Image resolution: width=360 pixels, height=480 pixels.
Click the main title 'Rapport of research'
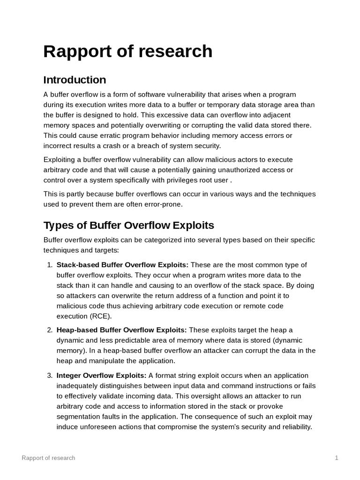pyautogui.click(x=127, y=51)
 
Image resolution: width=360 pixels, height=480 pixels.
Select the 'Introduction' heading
pyautogui.click(x=75, y=80)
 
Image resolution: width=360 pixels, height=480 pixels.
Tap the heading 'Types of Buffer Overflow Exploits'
pyautogui.click(x=128, y=225)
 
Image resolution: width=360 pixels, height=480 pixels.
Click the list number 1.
pyautogui.click(x=49, y=265)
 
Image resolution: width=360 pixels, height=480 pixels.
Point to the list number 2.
pyautogui.click(x=49, y=330)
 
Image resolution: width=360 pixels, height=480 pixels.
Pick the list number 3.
pyautogui.click(x=49, y=375)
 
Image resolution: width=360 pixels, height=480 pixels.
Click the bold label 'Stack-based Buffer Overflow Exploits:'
pyautogui.click(x=122, y=265)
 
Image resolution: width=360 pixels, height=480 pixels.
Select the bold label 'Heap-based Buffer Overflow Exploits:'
pyautogui.click(x=121, y=330)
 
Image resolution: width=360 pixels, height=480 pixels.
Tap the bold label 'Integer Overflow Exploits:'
pyautogui.click(x=101, y=375)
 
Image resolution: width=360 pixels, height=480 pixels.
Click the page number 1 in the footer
pyautogui.click(x=337, y=457)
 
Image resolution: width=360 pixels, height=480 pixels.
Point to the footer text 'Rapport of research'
pyautogui.click(x=48, y=457)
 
